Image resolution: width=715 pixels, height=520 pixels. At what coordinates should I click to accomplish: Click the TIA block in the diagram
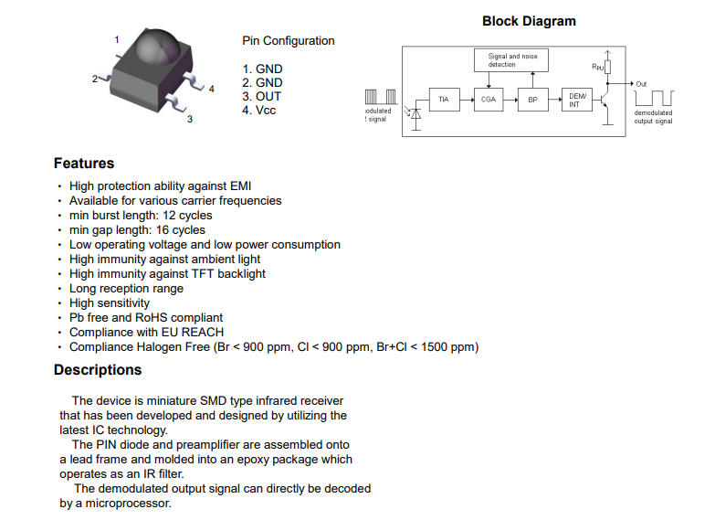point(444,100)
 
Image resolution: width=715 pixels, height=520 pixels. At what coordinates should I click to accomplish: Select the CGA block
point(489,100)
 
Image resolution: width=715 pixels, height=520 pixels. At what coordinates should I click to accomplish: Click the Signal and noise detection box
point(512,60)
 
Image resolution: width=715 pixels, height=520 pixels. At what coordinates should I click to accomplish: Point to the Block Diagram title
point(529,21)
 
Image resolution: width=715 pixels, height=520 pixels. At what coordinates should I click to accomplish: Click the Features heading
point(84,164)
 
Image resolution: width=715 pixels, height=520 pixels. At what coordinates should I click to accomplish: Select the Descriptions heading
point(98,370)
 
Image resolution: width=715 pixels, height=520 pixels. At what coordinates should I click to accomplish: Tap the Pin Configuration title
point(288,41)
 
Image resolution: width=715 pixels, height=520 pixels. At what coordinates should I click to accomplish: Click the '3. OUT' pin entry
point(262,96)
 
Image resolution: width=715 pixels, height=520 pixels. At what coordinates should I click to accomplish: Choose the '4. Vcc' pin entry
point(259,111)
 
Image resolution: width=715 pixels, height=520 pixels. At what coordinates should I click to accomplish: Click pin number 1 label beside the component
point(117,39)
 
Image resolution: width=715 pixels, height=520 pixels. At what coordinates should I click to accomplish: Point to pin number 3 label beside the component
point(190,119)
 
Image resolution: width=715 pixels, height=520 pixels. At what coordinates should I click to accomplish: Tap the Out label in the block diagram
point(641,83)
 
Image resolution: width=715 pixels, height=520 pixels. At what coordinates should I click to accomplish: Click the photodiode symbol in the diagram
point(415,115)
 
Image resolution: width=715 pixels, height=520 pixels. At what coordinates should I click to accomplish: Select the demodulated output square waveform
point(655,97)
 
